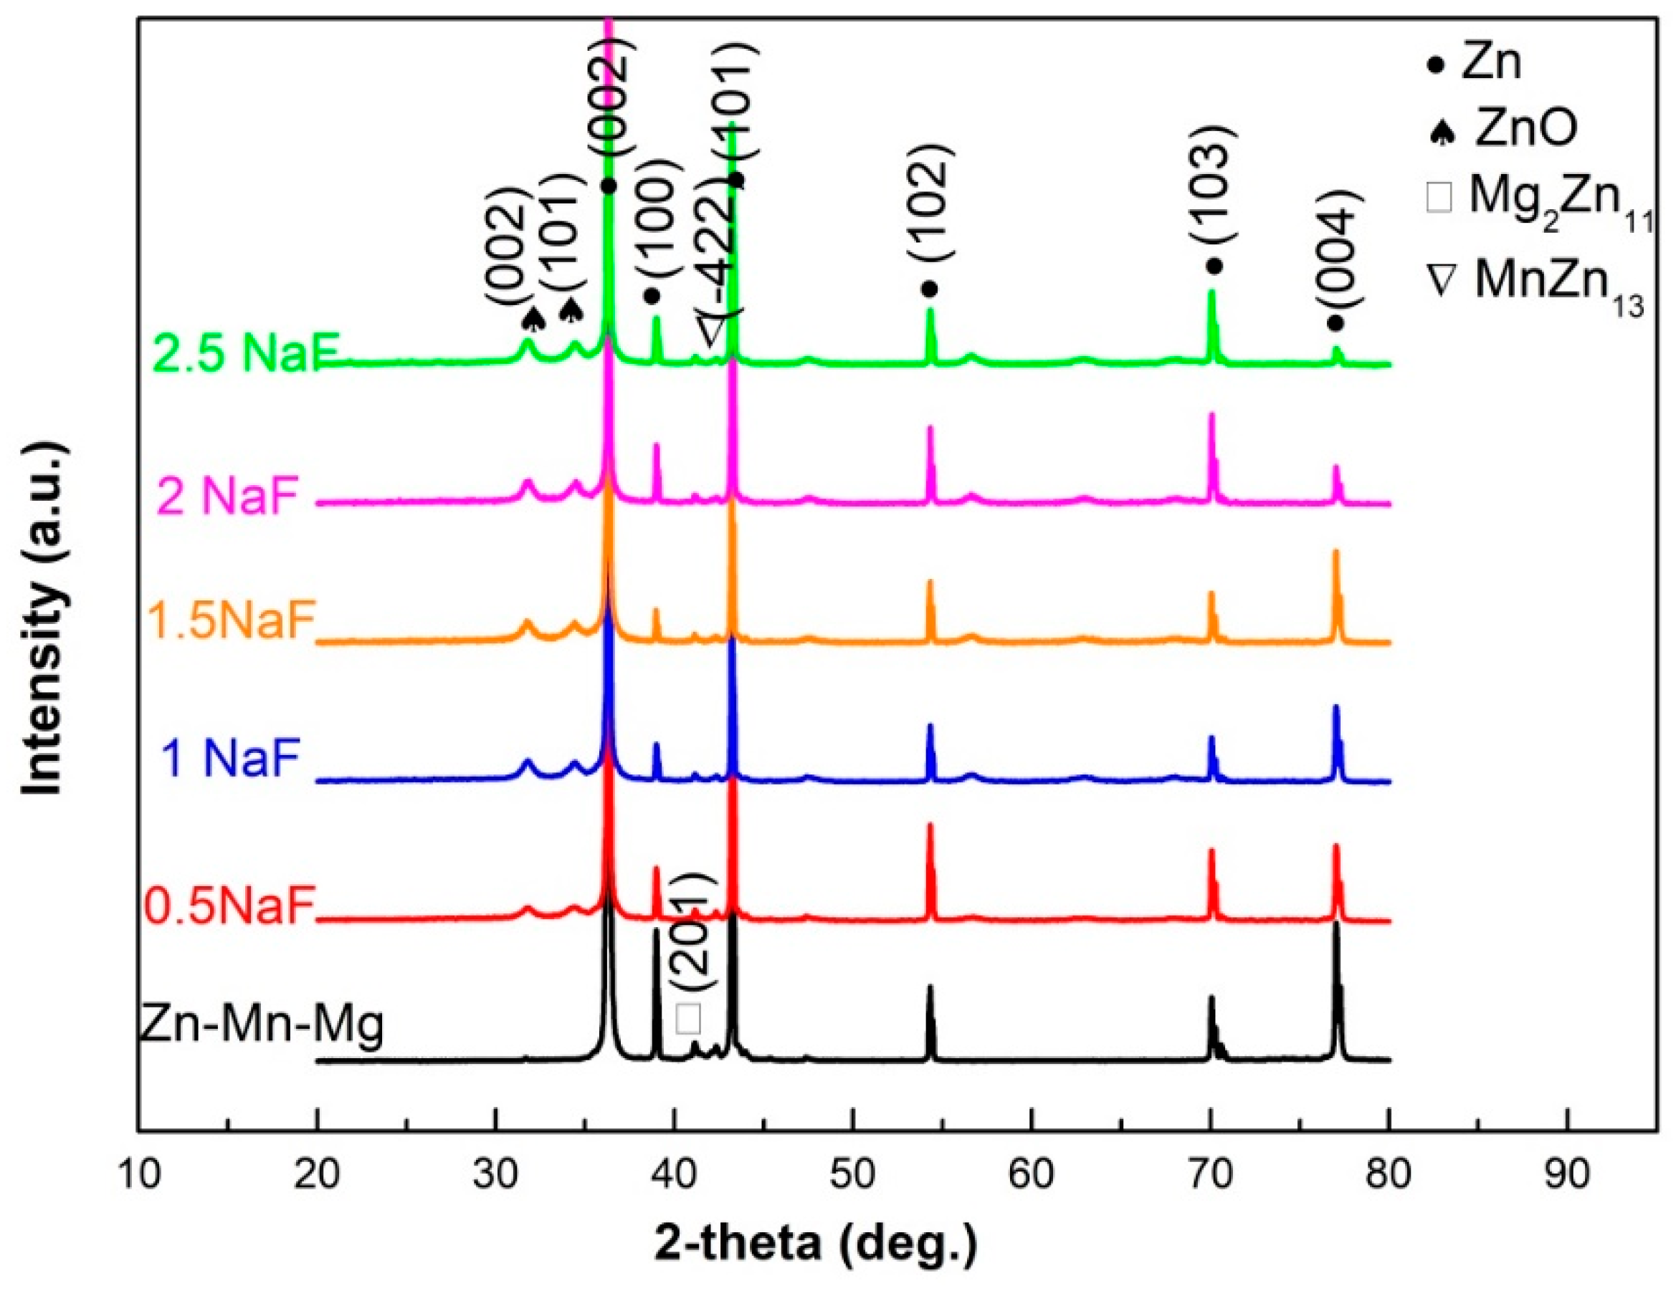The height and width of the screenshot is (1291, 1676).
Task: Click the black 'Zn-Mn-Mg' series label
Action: (261, 1027)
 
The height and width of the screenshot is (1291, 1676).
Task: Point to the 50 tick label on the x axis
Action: (852, 1175)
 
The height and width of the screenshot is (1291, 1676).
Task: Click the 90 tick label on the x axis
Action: (1566, 1175)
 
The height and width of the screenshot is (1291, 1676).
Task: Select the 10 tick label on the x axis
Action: (140, 1175)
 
